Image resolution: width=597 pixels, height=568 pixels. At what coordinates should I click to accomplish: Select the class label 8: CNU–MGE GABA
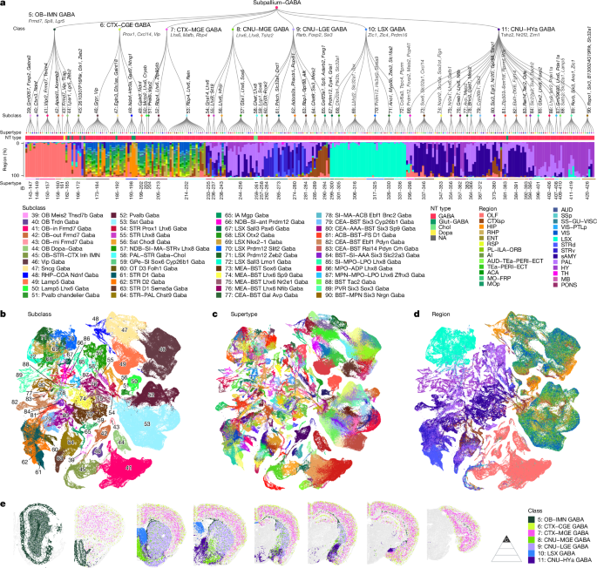[262, 28]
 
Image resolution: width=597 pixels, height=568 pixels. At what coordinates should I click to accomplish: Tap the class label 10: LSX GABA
[382, 28]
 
